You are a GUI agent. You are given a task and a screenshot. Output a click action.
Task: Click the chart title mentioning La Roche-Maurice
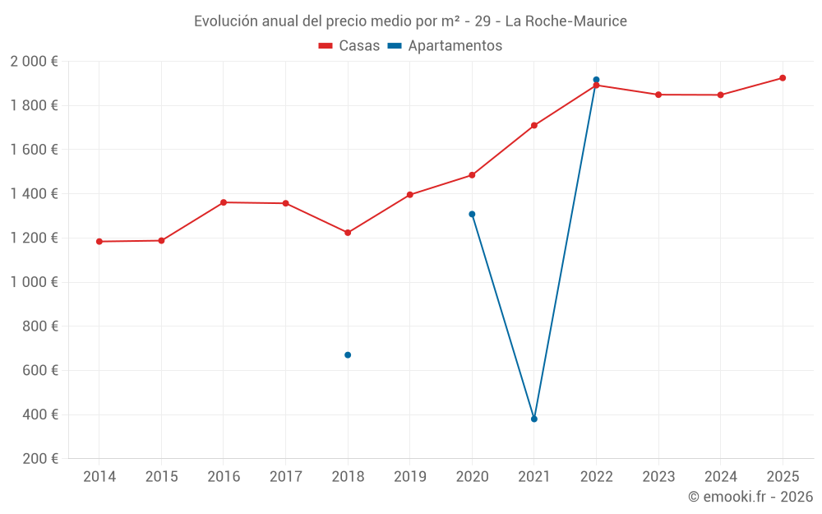coord(410,21)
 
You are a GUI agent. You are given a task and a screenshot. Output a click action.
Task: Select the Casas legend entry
coord(349,46)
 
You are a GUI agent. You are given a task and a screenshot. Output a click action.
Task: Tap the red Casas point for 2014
coord(99,242)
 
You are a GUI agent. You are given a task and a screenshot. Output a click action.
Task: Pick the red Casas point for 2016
coord(224,202)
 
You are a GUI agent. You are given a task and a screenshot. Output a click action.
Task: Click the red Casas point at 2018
coord(348,233)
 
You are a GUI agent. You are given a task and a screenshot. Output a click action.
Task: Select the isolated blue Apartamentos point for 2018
coord(348,355)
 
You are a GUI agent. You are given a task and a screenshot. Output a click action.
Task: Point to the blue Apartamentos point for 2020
coord(472,215)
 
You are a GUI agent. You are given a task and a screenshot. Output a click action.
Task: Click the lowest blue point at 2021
coord(534,419)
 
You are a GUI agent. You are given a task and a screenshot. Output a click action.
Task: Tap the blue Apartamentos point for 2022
coord(596,80)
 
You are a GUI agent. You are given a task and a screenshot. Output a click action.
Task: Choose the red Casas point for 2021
coord(534,126)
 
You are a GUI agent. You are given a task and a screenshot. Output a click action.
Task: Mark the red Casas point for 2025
coord(783,78)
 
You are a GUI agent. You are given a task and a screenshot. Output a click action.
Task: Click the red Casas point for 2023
coord(658,95)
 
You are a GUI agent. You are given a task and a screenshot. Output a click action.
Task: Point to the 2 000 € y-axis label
coord(34,62)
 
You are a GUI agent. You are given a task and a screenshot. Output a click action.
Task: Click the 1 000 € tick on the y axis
coord(34,282)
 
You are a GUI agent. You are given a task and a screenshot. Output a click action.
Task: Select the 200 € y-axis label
coord(39,459)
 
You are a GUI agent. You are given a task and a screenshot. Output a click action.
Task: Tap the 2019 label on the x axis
coord(409,477)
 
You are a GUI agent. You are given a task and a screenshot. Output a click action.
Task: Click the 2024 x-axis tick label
coord(720,477)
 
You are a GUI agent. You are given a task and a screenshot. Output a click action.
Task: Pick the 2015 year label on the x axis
coord(161,477)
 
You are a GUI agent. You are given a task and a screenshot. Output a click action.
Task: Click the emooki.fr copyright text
coord(750,497)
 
